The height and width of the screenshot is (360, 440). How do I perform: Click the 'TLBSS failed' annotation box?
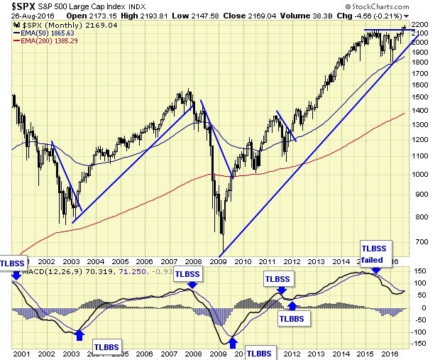point(375,253)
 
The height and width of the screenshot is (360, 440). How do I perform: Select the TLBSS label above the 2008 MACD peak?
point(187,274)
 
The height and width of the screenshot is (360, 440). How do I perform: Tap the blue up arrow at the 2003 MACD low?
point(79,333)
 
